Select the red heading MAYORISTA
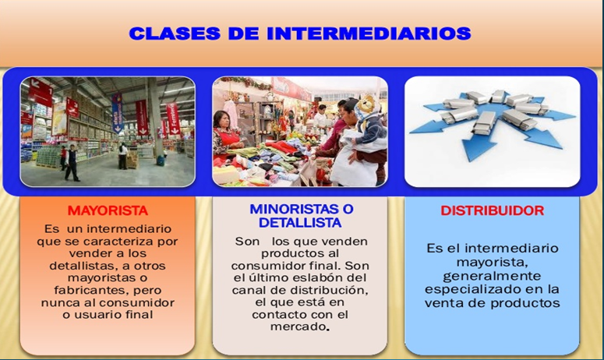click(x=108, y=210)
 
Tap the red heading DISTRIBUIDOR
click(x=492, y=210)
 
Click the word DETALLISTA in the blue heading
click(x=301, y=223)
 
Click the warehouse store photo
click(x=108, y=130)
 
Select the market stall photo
click(x=301, y=130)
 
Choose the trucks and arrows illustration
click(x=492, y=130)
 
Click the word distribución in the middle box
click(x=329, y=290)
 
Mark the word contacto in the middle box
click(x=280, y=314)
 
